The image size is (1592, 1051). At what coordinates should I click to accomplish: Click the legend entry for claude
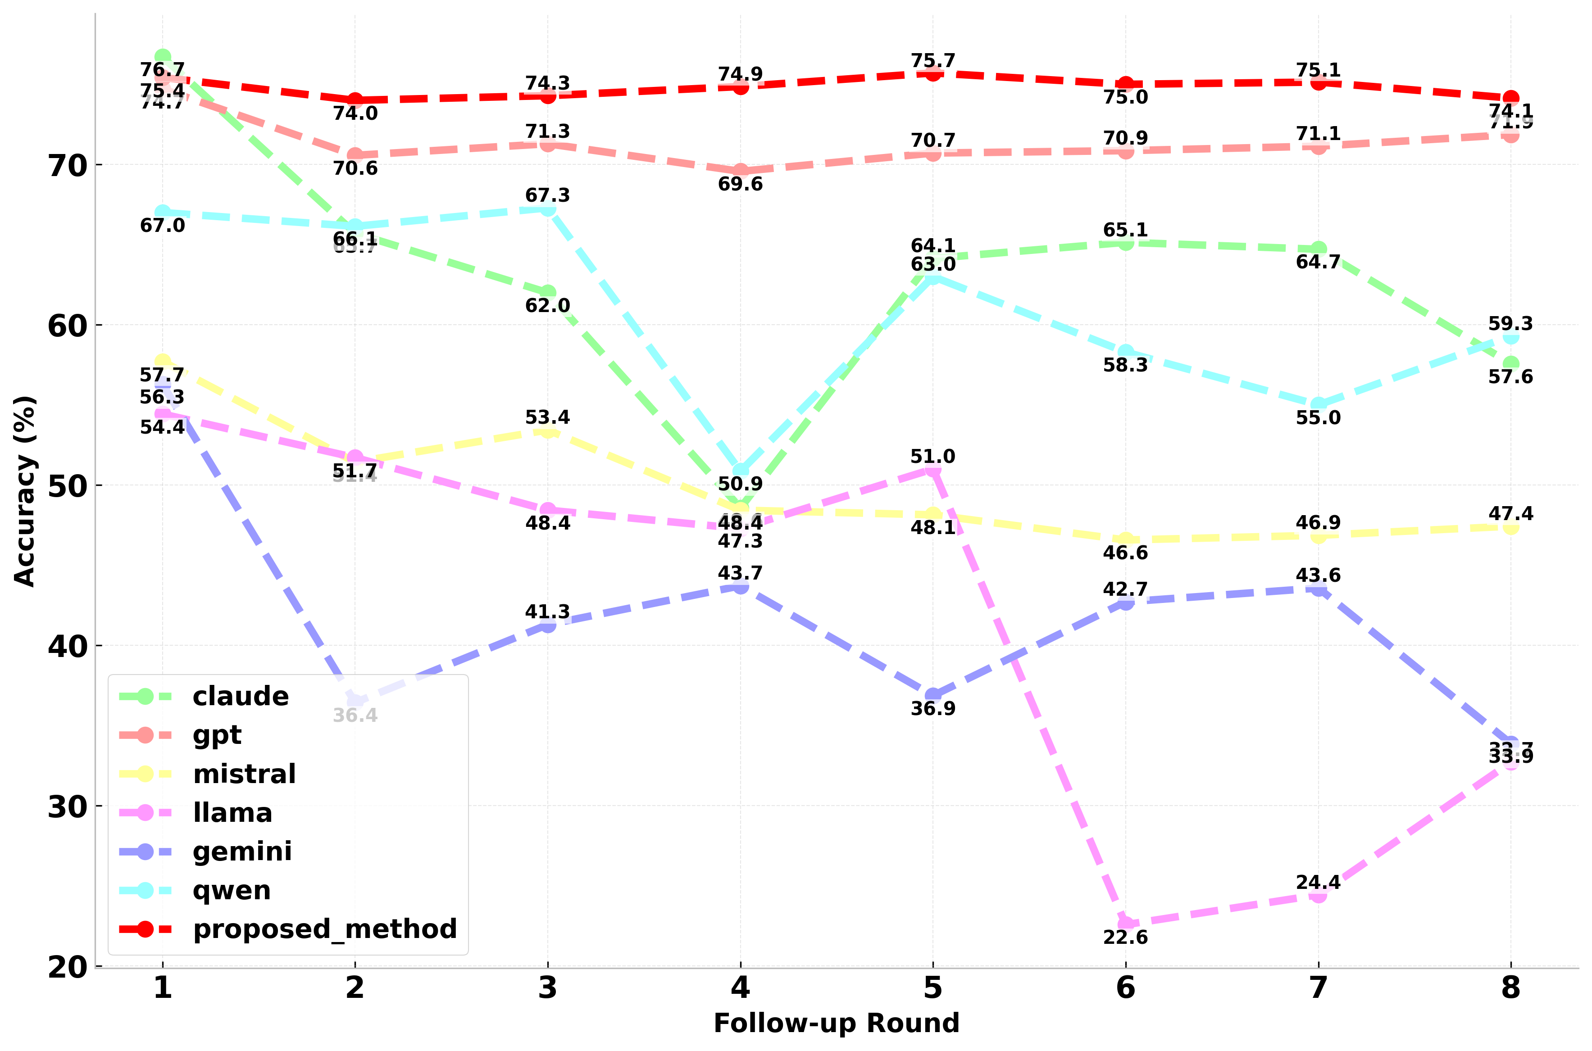240,697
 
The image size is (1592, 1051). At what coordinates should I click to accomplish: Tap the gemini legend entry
242,852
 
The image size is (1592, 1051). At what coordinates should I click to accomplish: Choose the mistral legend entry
244,774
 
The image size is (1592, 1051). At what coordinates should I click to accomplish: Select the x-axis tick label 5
933,988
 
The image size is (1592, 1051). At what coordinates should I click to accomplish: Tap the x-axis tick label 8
1511,988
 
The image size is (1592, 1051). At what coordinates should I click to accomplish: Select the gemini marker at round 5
933,695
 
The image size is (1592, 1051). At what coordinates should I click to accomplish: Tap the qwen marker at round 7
1319,405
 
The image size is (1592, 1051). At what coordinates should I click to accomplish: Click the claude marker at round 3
548,292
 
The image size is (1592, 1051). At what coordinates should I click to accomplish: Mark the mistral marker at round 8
1511,527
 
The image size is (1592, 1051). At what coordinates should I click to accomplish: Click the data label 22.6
1126,938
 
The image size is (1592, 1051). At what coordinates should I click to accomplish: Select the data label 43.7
740,574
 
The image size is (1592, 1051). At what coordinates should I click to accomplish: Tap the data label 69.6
740,184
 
